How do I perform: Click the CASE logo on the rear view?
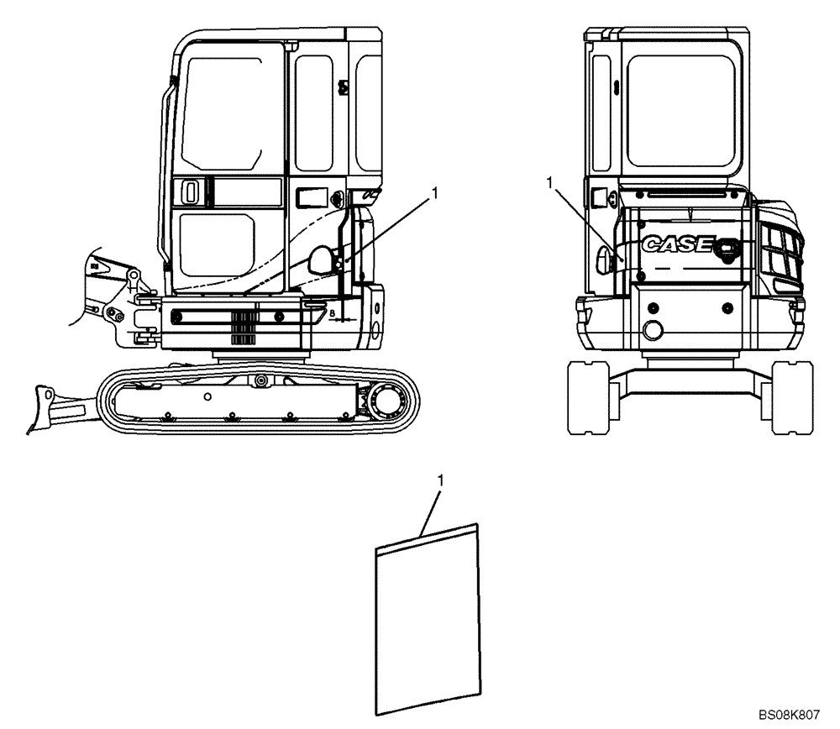(x=677, y=244)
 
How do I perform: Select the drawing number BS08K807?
(x=788, y=715)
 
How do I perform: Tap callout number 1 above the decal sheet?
(x=441, y=480)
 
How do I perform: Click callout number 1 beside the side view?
(x=434, y=194)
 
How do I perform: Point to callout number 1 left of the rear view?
(x=549, y=181)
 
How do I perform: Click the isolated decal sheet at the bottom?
(x=426, y=618)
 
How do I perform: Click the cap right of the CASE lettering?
(x=726, y=246)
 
